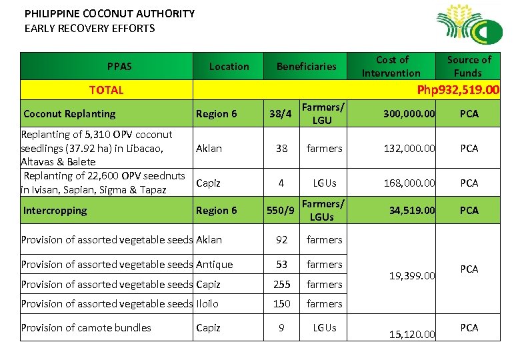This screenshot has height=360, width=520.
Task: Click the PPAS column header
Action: click(x=119, y=66)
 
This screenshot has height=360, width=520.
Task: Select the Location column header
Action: click(x=229, y=66)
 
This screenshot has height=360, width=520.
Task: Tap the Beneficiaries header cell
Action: click(x=306, y=66)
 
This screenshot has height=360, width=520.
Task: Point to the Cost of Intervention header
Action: click(x=391, y=66)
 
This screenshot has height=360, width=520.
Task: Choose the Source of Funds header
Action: click(x=469, y=66)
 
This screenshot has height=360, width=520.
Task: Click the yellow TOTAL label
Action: click(x=107, y=90)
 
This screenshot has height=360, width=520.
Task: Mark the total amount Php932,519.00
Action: click(x=457, y=90)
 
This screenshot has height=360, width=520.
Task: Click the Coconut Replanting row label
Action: click(x=69, y=113)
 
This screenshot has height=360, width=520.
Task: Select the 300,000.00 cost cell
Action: click(x=409, y=114)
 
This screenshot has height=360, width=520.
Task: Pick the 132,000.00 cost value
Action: click(x=409, y=148)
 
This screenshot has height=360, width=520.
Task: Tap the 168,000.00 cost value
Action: click(x=409, y=183)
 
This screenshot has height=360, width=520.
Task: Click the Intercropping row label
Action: click(x=55, y=211)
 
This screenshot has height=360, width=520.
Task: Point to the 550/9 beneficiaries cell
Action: click(x=281, y=211)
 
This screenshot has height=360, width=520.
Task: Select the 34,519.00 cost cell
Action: click(x=413, y=211)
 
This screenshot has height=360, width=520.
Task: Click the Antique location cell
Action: click(x=214, y=265)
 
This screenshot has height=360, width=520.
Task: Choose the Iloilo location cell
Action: click(x=207, y=303)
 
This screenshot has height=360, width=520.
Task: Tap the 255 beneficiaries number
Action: click(x=282, y=284)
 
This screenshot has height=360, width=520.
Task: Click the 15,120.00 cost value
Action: click(x=413, y=334)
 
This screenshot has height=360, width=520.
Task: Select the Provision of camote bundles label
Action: click(x=86, y=327)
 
